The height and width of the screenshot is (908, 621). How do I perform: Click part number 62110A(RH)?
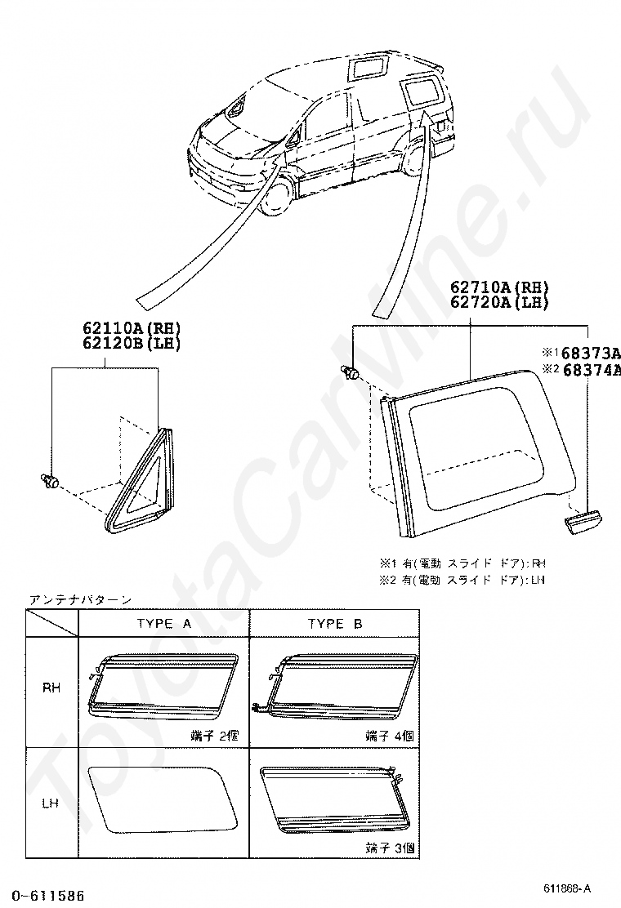click(x=131, y=328)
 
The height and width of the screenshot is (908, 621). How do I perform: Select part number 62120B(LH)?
click(x=131, y=343)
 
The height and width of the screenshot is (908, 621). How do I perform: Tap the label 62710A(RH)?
click(x=498, y=287)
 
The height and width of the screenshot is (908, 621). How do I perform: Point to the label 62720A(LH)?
click(x=498, y=302)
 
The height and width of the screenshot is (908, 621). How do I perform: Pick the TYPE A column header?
click(x=163, y=624)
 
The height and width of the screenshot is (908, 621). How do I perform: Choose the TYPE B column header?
click(x=335, y=624)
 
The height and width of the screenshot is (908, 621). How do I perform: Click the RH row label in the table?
click(x=52, y=688)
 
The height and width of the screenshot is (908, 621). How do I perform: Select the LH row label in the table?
click(x=52, y=803)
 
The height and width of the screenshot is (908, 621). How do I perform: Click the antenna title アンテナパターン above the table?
click(x=80, y=599)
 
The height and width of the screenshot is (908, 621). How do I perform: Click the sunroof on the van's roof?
click(x=365, y=68)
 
